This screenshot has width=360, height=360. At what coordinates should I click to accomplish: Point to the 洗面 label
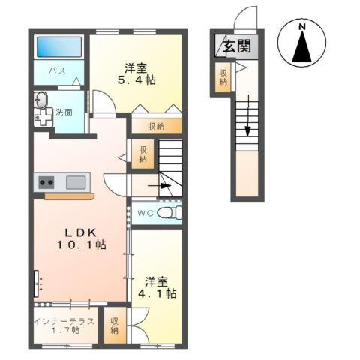64,112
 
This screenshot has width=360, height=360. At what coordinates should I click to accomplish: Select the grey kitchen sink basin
76,181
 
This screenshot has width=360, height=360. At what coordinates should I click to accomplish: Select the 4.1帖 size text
160,294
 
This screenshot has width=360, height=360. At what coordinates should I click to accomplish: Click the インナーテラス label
64,321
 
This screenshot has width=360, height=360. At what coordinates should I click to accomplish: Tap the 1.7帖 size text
64,331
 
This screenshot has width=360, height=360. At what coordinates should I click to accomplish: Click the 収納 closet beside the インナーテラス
114,325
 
